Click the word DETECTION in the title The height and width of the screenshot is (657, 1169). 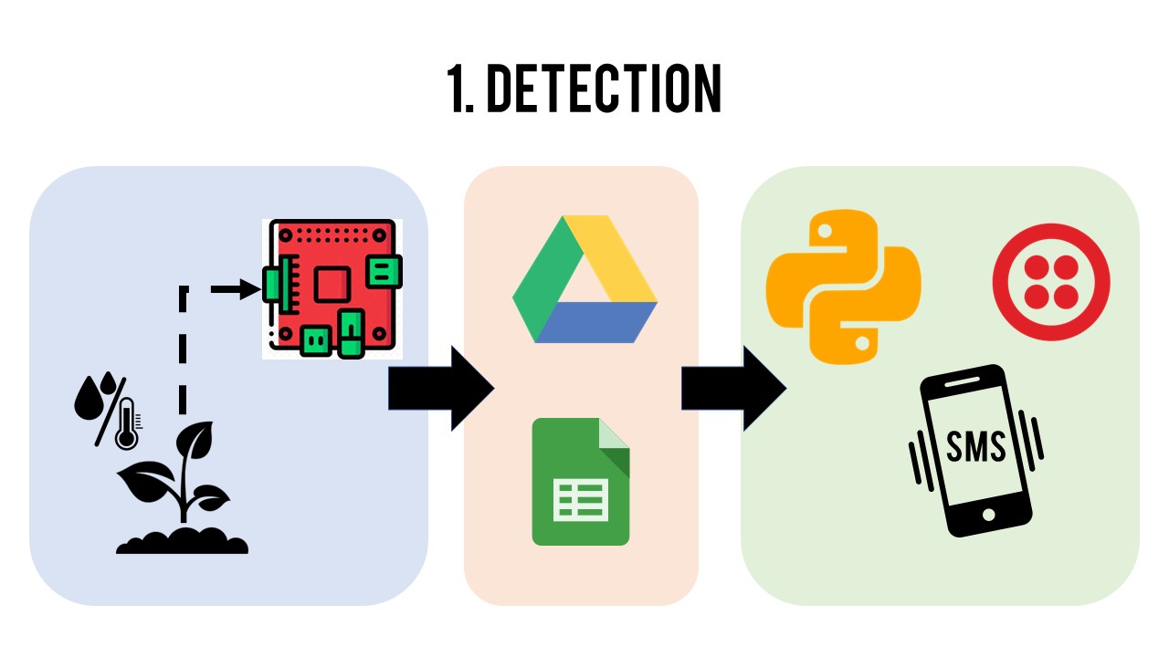point(604,89)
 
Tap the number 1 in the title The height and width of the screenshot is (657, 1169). point(457,89)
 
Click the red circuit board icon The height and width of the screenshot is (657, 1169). point(332,288)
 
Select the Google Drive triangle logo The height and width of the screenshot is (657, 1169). point(584,279)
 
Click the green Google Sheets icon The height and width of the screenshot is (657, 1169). point(581,481)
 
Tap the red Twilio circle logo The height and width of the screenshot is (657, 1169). point(1050,281)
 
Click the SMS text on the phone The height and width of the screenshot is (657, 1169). point(976,447)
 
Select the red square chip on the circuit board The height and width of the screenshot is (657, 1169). point(331,286)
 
